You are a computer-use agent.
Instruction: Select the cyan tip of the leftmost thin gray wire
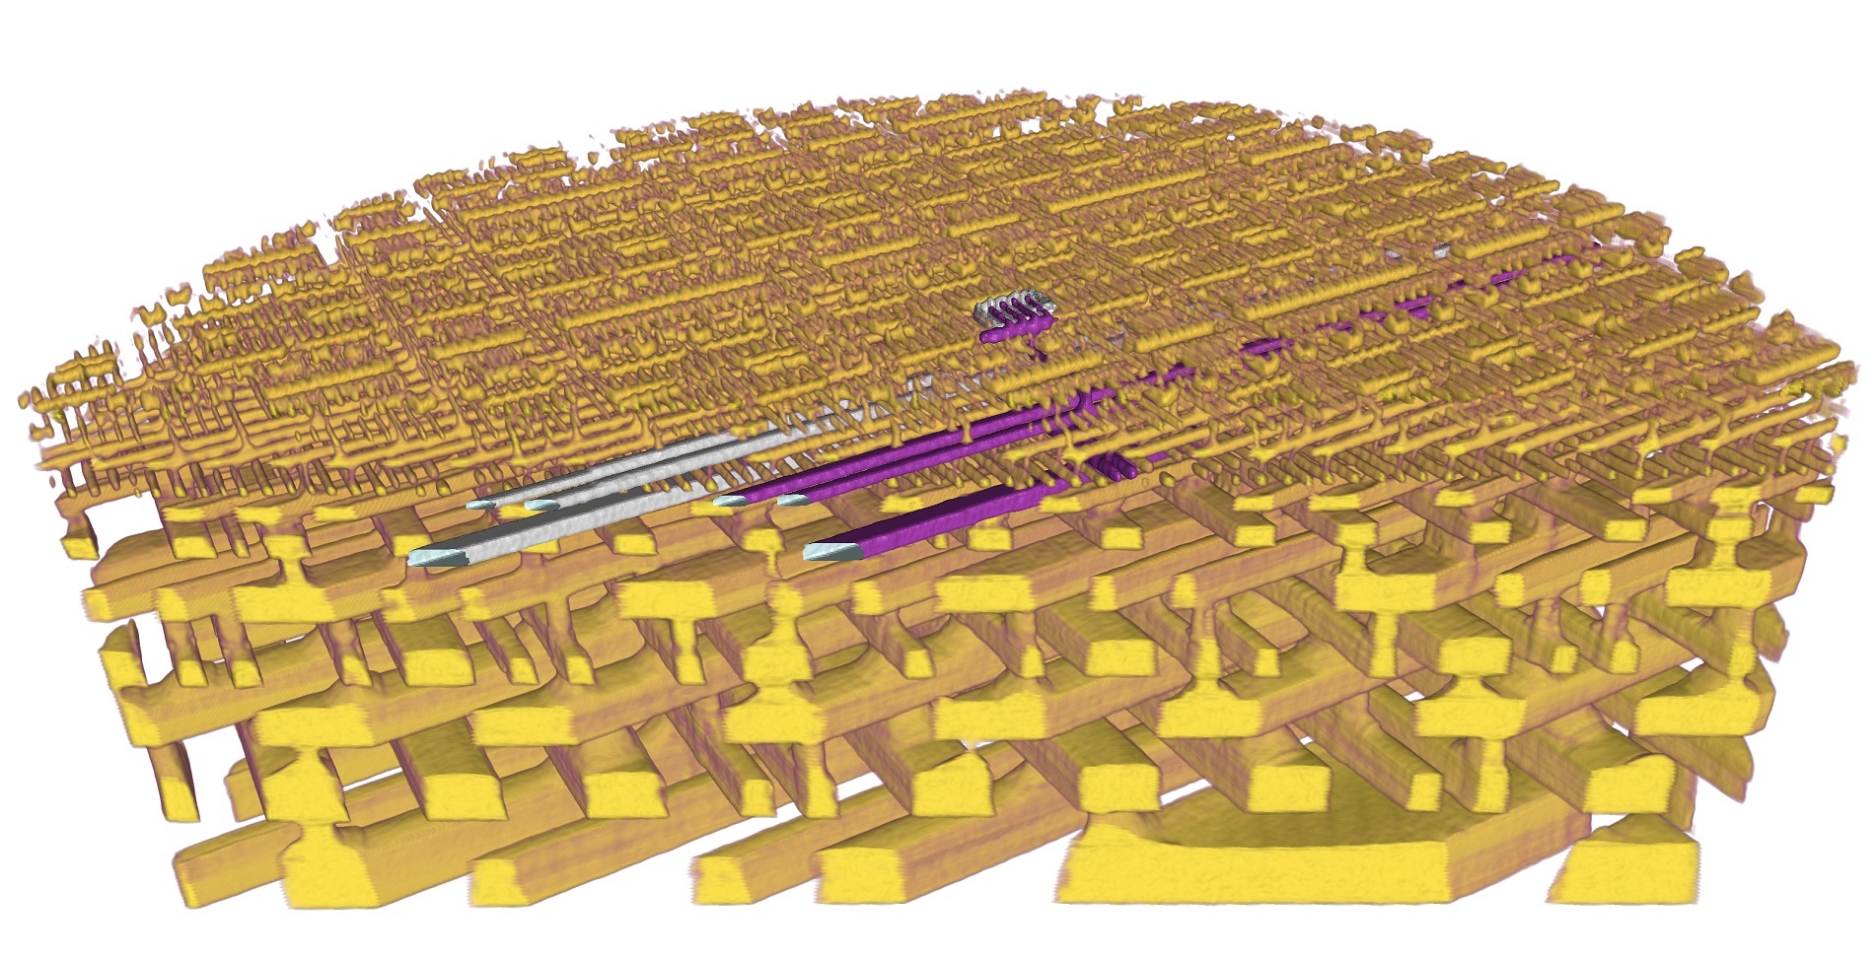pos(480,504)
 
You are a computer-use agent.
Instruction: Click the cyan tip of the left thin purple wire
pos(729,502)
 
